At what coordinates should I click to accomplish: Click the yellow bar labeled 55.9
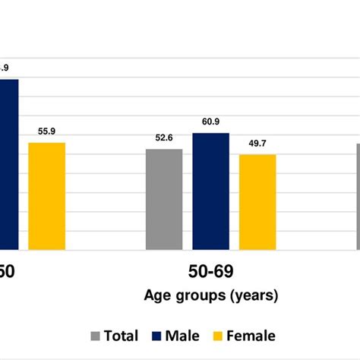[47, 196]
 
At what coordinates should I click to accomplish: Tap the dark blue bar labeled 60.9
[210, 191]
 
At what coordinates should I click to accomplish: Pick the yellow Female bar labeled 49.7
[257, 202]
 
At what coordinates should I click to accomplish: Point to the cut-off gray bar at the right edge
[358, 197]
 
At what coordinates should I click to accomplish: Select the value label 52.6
[164, 137]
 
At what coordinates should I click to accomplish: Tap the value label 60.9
[211, 122]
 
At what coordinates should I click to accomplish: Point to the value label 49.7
[257, 143]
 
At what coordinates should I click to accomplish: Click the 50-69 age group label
[211, 270]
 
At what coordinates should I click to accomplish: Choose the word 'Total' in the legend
[122, 336]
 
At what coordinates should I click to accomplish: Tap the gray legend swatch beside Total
[96, 336]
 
